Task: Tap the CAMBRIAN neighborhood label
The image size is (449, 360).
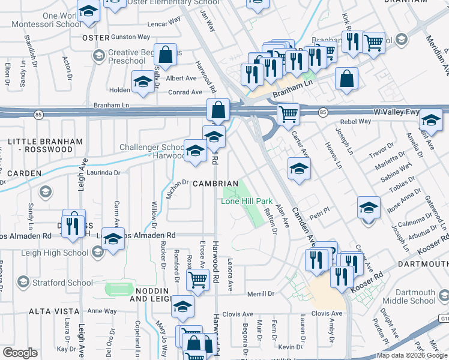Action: tap(215, 183)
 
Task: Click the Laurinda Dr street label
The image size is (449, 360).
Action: tap(104, 172)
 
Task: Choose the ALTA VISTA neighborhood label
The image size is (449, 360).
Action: tap(54, 311)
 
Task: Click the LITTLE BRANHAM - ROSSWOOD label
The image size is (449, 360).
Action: tap(46, 146)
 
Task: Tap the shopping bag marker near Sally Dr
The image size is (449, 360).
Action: tap(166, 55)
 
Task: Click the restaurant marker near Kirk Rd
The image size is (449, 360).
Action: tap(351, 42)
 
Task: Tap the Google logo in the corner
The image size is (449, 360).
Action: tap(20, 353)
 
